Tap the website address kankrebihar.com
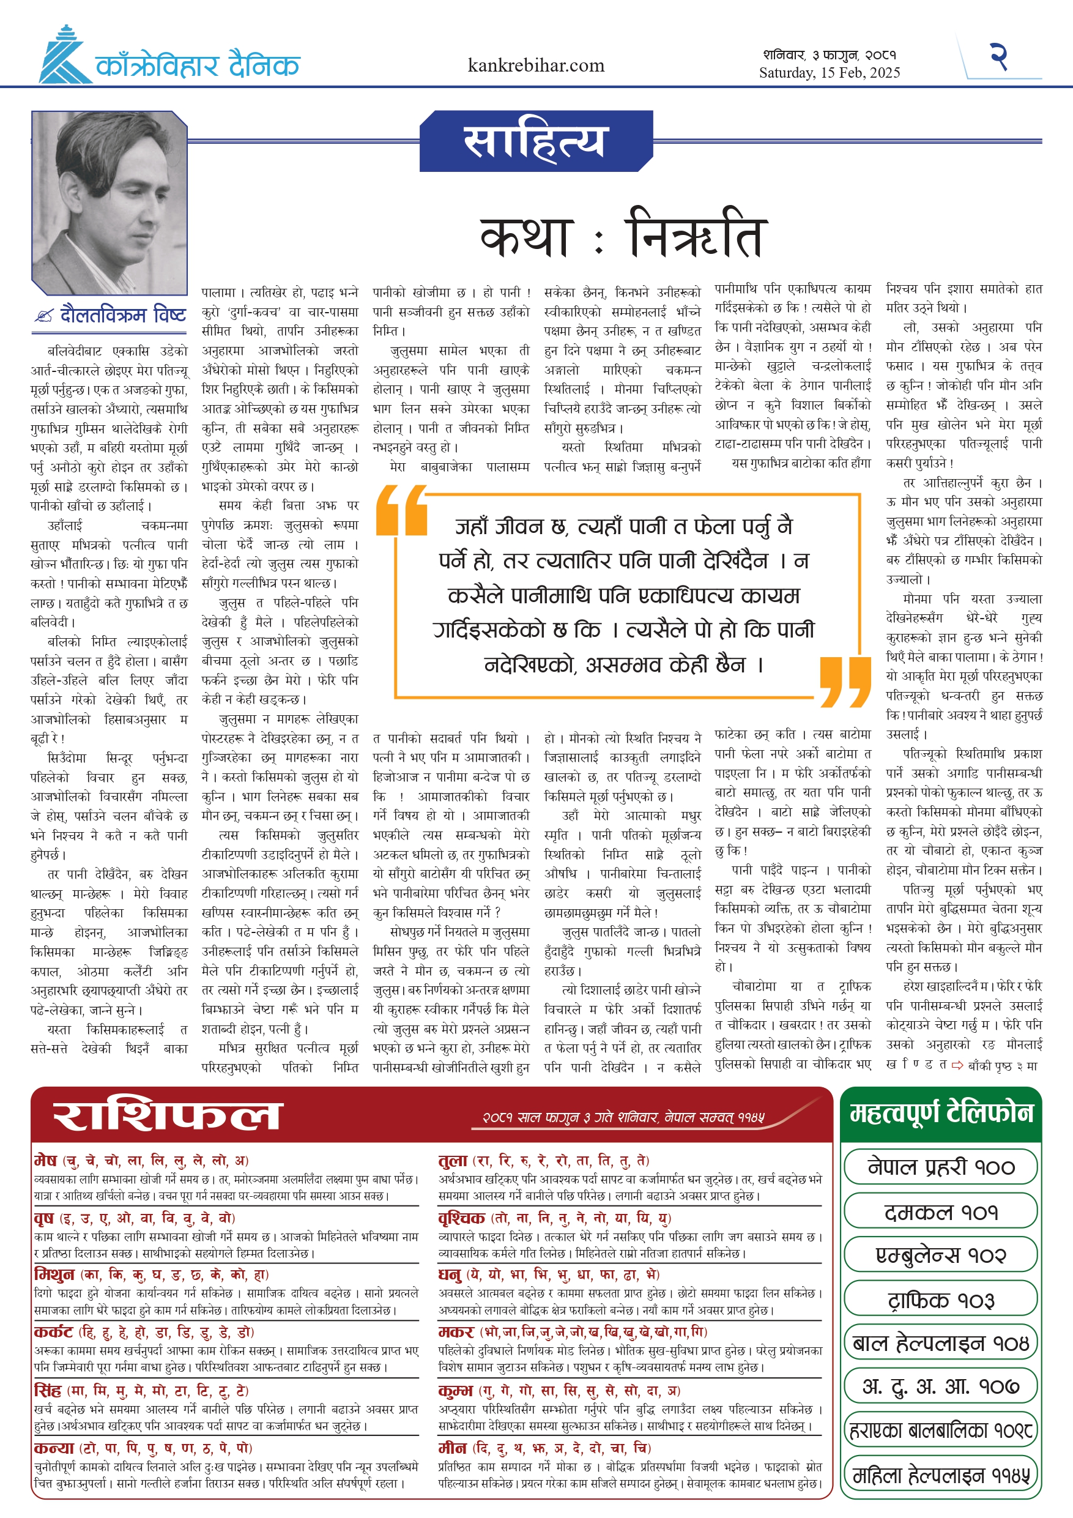[x=535, y=65]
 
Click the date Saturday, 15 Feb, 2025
[x=829, y=73]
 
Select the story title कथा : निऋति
[x=623, y=236]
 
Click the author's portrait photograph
[x=110, y=203]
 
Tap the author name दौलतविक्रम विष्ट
[x=123, y=314]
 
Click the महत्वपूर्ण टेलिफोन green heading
[x=941, y=1114]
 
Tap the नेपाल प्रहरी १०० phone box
[x=940, y=1167]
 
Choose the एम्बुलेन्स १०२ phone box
[x=940, y=1256]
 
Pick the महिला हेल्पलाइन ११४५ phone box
[x=940, y=1476]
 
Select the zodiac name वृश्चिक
[x=461, y=1218]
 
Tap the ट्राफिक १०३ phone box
[x=940, y=1300]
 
